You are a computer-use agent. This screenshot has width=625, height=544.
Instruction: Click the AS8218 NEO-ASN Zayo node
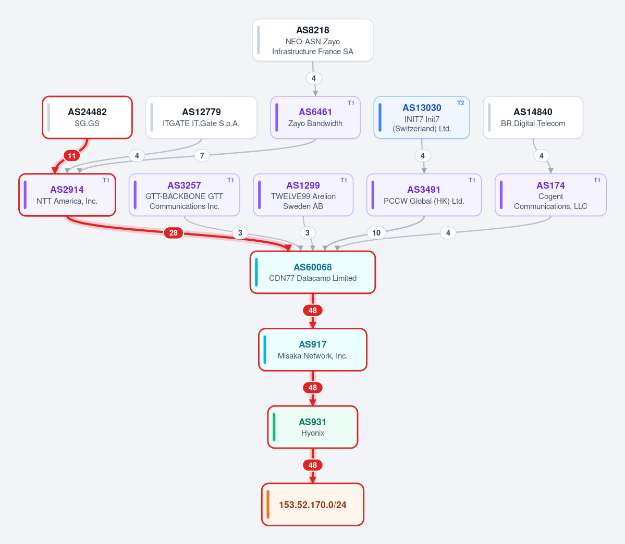tap(313, 40)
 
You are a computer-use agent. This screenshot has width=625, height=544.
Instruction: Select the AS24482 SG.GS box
tap(87, 118)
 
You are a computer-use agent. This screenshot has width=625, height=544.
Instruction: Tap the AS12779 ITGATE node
tap(201, 118)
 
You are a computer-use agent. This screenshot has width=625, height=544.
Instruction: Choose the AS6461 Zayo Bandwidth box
tap(315, 118)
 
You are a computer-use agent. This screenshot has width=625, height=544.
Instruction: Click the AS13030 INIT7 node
tap(422, 118)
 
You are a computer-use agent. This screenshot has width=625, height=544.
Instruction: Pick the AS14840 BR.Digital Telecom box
tap(533, 118)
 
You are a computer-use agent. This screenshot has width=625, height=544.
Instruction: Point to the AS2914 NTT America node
tap(67, 195)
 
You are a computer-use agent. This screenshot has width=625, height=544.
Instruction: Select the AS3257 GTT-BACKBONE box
tap(185, 195)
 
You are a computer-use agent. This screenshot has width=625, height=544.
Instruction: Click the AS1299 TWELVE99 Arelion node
tap(303, 195)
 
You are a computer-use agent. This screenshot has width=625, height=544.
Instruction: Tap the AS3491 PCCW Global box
tap(424, 195)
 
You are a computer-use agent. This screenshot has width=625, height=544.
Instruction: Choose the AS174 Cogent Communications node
tap(551, 195)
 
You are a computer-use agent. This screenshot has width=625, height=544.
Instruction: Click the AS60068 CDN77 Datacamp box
tap(313, 272)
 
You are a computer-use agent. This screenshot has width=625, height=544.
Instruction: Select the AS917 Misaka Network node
tap(313, 350)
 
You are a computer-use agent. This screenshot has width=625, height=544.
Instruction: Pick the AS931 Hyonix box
tap(313, 427)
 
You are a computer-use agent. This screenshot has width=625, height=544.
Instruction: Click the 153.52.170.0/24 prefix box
tap(313, 504)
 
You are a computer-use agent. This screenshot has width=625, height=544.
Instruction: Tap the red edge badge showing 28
tap(174, 233)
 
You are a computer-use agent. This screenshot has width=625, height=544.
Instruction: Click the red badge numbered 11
tap(72, 156)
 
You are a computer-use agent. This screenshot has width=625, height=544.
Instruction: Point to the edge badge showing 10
tap(376, 233)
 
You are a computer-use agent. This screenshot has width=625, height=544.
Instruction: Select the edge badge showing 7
tap(202, 155)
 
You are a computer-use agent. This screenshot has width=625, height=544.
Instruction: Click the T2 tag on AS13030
tap(460, 103)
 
